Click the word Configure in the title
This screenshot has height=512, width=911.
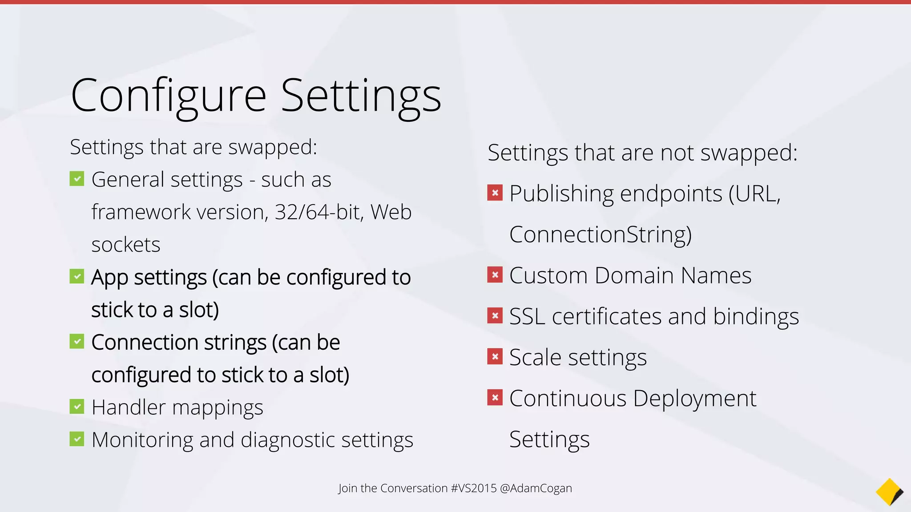(169, 96)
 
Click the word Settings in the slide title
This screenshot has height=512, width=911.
(361, 96)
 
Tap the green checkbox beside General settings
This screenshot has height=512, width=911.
(77, 179)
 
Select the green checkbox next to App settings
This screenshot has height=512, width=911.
(77, 277)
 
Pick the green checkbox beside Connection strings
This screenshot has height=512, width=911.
(77, 342)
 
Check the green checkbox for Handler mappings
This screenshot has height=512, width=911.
(77, 407)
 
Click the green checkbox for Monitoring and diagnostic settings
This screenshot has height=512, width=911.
(77, 440)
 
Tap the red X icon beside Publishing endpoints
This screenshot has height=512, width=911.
(495, 193)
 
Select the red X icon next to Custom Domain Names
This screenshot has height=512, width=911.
(495, 275)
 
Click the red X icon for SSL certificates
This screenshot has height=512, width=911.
(495, 316)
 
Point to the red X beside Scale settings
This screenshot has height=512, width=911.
(495, 356)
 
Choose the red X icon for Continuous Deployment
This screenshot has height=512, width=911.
(495, 397)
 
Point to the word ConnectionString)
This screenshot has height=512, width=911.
(600, 234)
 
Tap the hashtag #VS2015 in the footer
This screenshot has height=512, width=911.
(473, 488)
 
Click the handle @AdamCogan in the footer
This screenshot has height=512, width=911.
(536, 488)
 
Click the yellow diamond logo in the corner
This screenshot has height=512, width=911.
(889, 492)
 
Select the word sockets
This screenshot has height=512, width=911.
(126, 245)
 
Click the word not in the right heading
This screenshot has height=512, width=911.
(677, 152)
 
